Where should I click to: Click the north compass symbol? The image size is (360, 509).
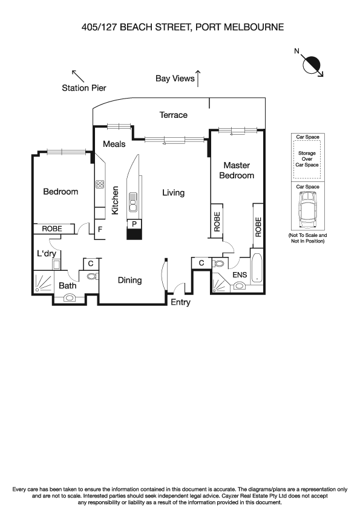pos(313,63)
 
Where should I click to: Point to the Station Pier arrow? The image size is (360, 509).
pos(78,76)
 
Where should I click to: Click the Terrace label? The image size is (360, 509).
pos(173,115)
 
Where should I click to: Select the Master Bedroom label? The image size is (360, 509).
pos(238,170)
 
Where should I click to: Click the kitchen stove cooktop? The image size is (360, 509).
pos(100,186)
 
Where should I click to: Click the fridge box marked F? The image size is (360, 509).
pos(100,229)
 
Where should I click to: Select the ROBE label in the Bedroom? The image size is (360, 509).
pos(53,229)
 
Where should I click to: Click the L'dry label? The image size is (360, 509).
pos(47,254)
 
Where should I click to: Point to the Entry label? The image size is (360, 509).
pos(180,302)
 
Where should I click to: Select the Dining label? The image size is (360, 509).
pos(129,280)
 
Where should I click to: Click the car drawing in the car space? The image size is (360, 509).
pos(307,213)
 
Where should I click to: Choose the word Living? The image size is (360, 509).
pos(173,193)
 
